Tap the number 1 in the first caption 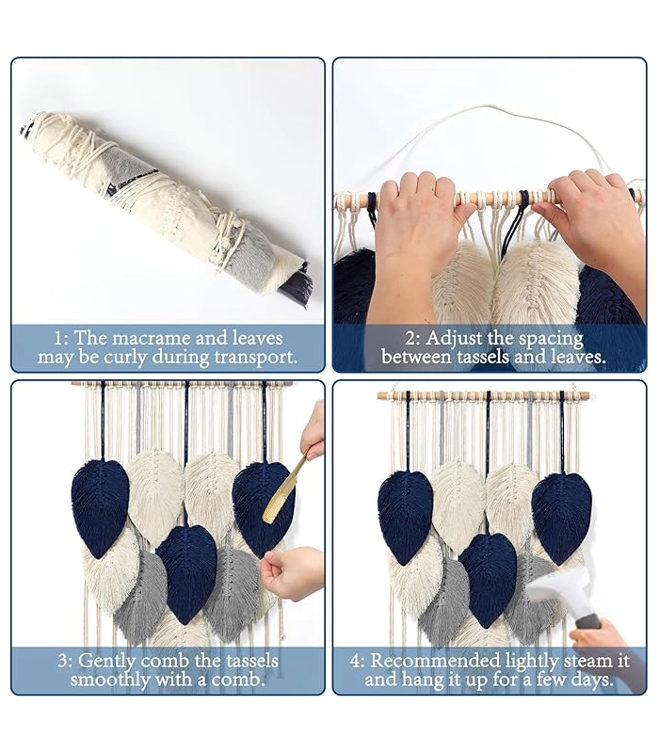coord(58,339)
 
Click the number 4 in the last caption coord(356,662)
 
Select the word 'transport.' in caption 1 coord(255,359)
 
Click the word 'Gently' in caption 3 coord(105,662)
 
